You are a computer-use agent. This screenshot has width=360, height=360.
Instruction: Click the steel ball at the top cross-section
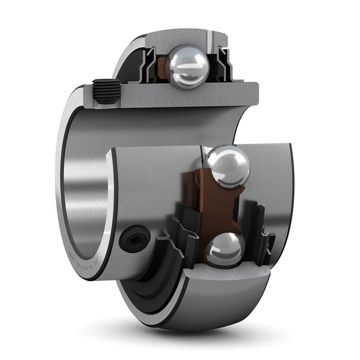[188, 67]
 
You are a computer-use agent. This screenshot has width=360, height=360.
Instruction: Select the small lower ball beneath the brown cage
[224, 251]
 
